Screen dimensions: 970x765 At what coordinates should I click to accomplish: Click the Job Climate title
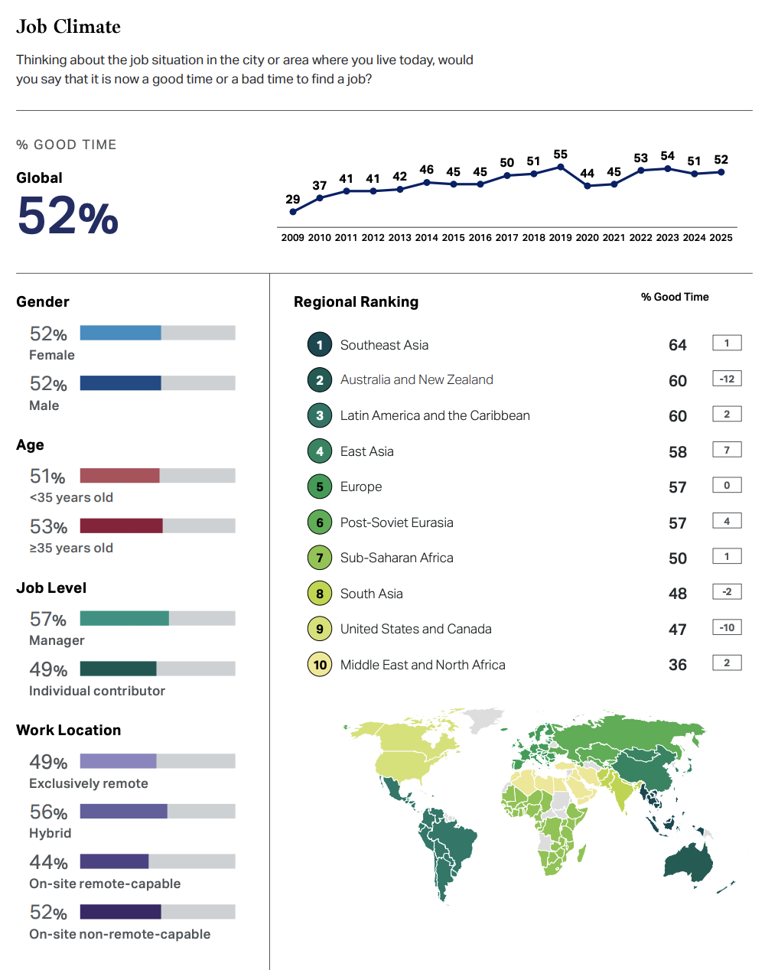(68, 27)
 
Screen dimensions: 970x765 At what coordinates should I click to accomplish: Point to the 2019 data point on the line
(561, 167)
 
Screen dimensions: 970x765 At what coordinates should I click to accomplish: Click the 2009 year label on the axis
(292, 238)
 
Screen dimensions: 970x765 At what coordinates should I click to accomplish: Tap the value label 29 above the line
(293, 200)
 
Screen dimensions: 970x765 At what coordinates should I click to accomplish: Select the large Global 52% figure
(67, 216)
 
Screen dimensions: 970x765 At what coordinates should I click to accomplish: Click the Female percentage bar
(120, 333)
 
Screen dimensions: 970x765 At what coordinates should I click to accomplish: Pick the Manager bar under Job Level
(124, 618)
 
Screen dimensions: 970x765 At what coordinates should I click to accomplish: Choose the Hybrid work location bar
(123, 811)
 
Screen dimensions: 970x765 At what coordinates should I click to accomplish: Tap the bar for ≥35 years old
(121, 526)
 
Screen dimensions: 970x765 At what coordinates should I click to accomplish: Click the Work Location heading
(69, 730)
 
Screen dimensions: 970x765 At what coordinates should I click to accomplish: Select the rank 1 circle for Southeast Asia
(320, 345)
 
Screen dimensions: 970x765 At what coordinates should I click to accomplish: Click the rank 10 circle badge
(320, 665)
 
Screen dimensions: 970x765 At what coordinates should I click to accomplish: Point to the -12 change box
(727, 379)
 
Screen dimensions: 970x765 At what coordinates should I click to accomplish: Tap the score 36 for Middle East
(678, 665)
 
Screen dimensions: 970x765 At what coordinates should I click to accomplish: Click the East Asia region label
(367, 451)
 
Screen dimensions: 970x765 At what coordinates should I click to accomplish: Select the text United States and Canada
(415, 629)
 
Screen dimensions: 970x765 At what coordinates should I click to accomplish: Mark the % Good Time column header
(675, 297)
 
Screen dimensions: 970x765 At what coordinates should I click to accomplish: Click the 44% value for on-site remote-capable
(48, 862)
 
